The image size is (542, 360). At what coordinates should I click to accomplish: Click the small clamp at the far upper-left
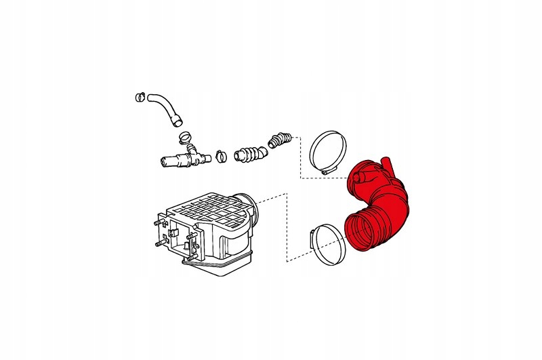pos(141,97)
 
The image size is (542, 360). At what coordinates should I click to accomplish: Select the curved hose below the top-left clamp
pos(163,107)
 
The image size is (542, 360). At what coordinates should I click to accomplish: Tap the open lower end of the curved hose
pos(178,123)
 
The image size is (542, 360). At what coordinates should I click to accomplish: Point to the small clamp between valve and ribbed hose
pos(220,157)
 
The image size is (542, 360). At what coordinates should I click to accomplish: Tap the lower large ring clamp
pos(328,242)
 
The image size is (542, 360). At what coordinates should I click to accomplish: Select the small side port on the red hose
pos(359,178)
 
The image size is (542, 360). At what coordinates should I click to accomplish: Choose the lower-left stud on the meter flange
pos(157,242)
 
